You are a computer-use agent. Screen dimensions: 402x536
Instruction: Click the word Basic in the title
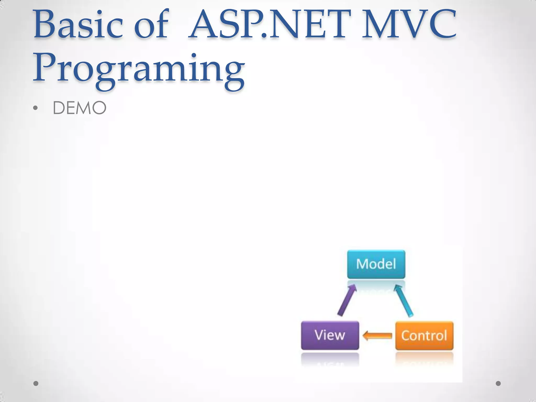(x=78, y=25)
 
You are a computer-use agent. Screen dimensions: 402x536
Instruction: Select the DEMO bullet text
(x=80, y=108)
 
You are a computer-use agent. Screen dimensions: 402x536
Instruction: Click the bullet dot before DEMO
(x=35, y=108)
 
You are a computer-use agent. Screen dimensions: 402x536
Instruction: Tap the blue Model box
(x=376, y=264)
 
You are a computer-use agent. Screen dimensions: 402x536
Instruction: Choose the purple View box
(x=330, y=335)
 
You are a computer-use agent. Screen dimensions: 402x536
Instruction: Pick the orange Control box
(x=424, y=336)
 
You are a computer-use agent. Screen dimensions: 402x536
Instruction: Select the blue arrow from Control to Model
(x=404, y=301)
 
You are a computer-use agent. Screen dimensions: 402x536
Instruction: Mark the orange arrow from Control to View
(x=377, y=336)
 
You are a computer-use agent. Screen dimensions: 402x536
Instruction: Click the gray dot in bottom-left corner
(x=36, y=383)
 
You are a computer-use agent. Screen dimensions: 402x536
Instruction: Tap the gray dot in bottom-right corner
(x=498, y=383)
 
